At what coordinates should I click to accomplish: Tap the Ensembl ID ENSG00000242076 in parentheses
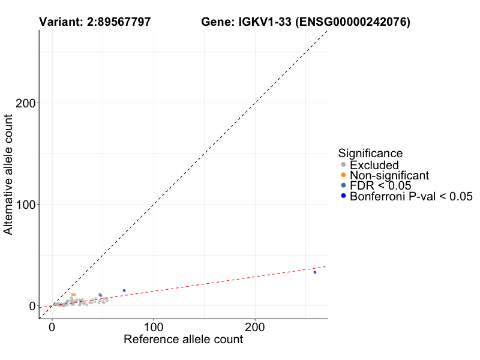tap(352, 22)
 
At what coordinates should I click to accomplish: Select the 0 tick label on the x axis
tap(52, 328)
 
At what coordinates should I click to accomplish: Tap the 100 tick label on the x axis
tap(154, 328)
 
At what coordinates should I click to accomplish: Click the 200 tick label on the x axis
tap(255, 328)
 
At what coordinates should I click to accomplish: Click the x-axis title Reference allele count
tap(183, 340)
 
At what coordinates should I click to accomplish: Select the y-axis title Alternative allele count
tap(9, 175)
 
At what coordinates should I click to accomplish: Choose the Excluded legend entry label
tap(374, 165)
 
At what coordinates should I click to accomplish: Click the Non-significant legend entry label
tap(389, 175)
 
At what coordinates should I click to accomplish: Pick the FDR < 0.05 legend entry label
tap(380, 186)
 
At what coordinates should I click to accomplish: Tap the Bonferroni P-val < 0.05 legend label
tap(412, 196)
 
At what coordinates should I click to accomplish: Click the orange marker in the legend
tap(343, 175)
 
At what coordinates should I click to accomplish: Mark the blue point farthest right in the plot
tap(314, 272)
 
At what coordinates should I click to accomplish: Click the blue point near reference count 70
tap(124, 290)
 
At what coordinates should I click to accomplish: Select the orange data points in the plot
tap(73, 295)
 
